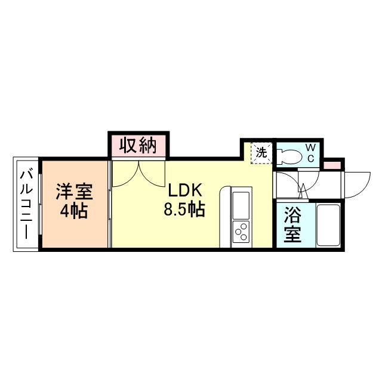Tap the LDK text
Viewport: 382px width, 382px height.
tap(186, 190)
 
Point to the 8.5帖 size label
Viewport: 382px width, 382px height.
tap(186, 210)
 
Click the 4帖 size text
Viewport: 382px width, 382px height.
tap(75, 211)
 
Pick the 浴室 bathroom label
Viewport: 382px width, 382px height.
tap(292, 224)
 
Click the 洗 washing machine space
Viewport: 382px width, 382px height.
tap(261, 152)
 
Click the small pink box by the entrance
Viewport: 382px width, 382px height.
tap(333, 165)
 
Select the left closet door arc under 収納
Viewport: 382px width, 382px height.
tap(125, 176)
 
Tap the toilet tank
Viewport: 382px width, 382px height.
tap(279, 156)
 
